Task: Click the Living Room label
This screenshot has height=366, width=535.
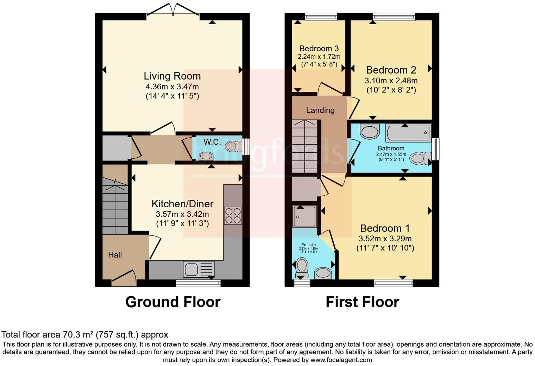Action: point(172,76)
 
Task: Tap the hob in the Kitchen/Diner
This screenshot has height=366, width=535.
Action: point(233,216)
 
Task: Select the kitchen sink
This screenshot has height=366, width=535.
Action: point(199,270)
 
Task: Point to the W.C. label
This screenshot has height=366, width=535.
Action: point(212,142)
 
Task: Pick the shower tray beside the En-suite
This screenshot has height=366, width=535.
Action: point(304,216)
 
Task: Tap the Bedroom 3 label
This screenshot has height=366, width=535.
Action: point(319,49)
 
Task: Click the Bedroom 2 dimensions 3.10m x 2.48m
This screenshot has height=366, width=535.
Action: point(391,81)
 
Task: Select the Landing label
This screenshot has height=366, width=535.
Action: point(320,110)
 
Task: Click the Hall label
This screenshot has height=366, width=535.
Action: point(115,255)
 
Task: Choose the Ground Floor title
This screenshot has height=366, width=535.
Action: point(173,302)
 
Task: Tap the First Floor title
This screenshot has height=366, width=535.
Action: point(362,302)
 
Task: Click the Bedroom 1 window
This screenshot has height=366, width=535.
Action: point(393,282)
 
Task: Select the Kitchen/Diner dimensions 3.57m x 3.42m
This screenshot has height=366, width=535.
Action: point(182,214)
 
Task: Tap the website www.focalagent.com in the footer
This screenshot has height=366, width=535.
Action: point(341,360)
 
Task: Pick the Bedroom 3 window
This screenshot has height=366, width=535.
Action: point(321,17)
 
